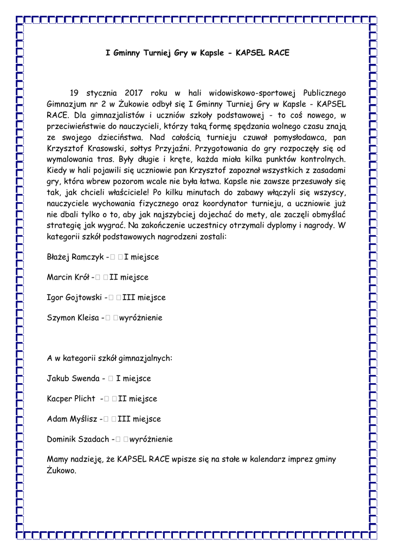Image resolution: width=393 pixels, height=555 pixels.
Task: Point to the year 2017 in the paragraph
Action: click(129, 93)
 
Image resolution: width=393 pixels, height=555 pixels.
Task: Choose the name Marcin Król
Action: click(68, 277)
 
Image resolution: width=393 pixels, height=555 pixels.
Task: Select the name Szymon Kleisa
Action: click(72, 318)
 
